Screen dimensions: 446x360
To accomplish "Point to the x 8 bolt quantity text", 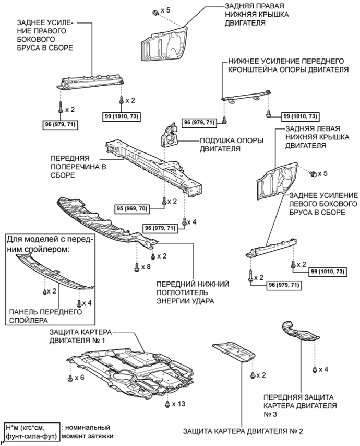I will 146,267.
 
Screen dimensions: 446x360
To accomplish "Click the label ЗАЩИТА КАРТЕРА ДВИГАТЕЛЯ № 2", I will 243,431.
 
